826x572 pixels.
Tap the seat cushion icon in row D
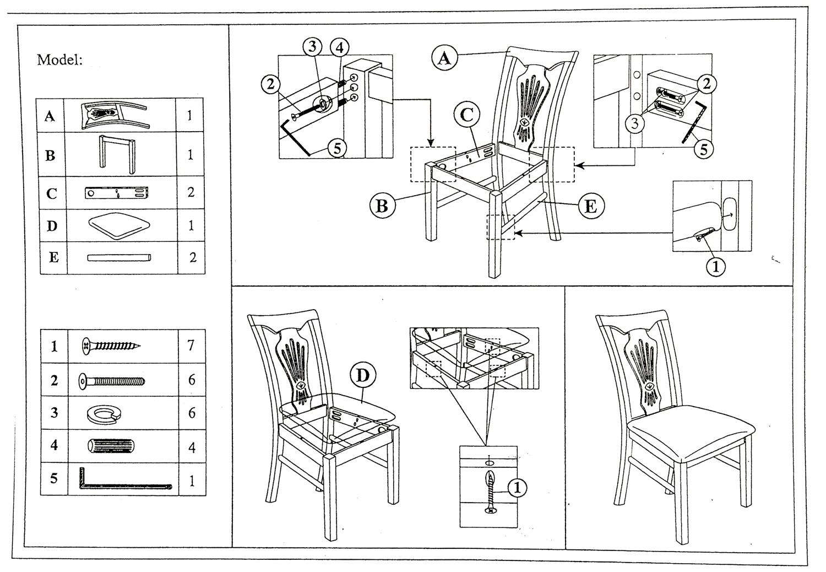(x=119, y=226)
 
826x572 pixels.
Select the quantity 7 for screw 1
(x=191, y=346)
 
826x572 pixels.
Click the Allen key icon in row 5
(x=125, y=479)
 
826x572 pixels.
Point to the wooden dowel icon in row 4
(x=111, y=446)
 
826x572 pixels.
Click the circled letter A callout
(x=445, y=57)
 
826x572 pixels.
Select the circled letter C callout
(x=467, y=115)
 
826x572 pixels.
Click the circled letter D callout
(x=362, y=376)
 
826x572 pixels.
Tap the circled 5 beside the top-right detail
(x=703, y=148)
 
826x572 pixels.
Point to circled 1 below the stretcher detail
(x=715, y=267)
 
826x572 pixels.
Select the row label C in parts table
(x=51, y=194)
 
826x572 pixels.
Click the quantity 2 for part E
(x=192, y=258)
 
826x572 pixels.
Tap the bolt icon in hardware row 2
(x=112, y=381)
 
